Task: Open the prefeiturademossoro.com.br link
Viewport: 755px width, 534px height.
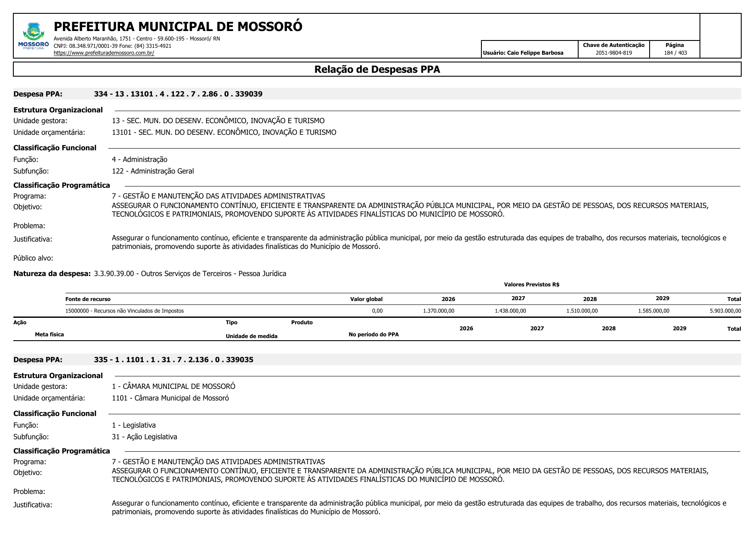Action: coord(104,53)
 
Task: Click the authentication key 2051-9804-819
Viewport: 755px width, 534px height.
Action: coord(613,53)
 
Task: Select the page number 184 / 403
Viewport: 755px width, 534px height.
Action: coord(675,53)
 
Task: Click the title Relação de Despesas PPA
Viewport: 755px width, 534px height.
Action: coord(377,69)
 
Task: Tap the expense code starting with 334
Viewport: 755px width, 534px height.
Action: coord(178,94)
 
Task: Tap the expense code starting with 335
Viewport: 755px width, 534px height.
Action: coord(173,360)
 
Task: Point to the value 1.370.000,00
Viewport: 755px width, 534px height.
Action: coord(438,311)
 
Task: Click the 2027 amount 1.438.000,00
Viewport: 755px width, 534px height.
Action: coord(510,311)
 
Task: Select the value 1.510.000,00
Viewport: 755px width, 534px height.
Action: coord(582,311)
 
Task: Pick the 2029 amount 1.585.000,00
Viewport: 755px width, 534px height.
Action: coord(653,311)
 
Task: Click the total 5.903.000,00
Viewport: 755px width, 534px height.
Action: coord(725,311)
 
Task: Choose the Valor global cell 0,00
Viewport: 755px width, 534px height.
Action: coord(377,311)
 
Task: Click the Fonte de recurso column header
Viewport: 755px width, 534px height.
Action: coord(88,299)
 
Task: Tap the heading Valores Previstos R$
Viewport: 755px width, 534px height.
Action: coord(531,285)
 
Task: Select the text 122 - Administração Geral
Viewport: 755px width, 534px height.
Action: coord(153,171)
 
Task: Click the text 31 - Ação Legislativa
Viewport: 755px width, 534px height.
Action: coord(144,437)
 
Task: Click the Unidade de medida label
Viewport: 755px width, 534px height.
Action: coord(251,336)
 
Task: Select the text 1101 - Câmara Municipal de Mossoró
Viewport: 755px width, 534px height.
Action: coord(170,398)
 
